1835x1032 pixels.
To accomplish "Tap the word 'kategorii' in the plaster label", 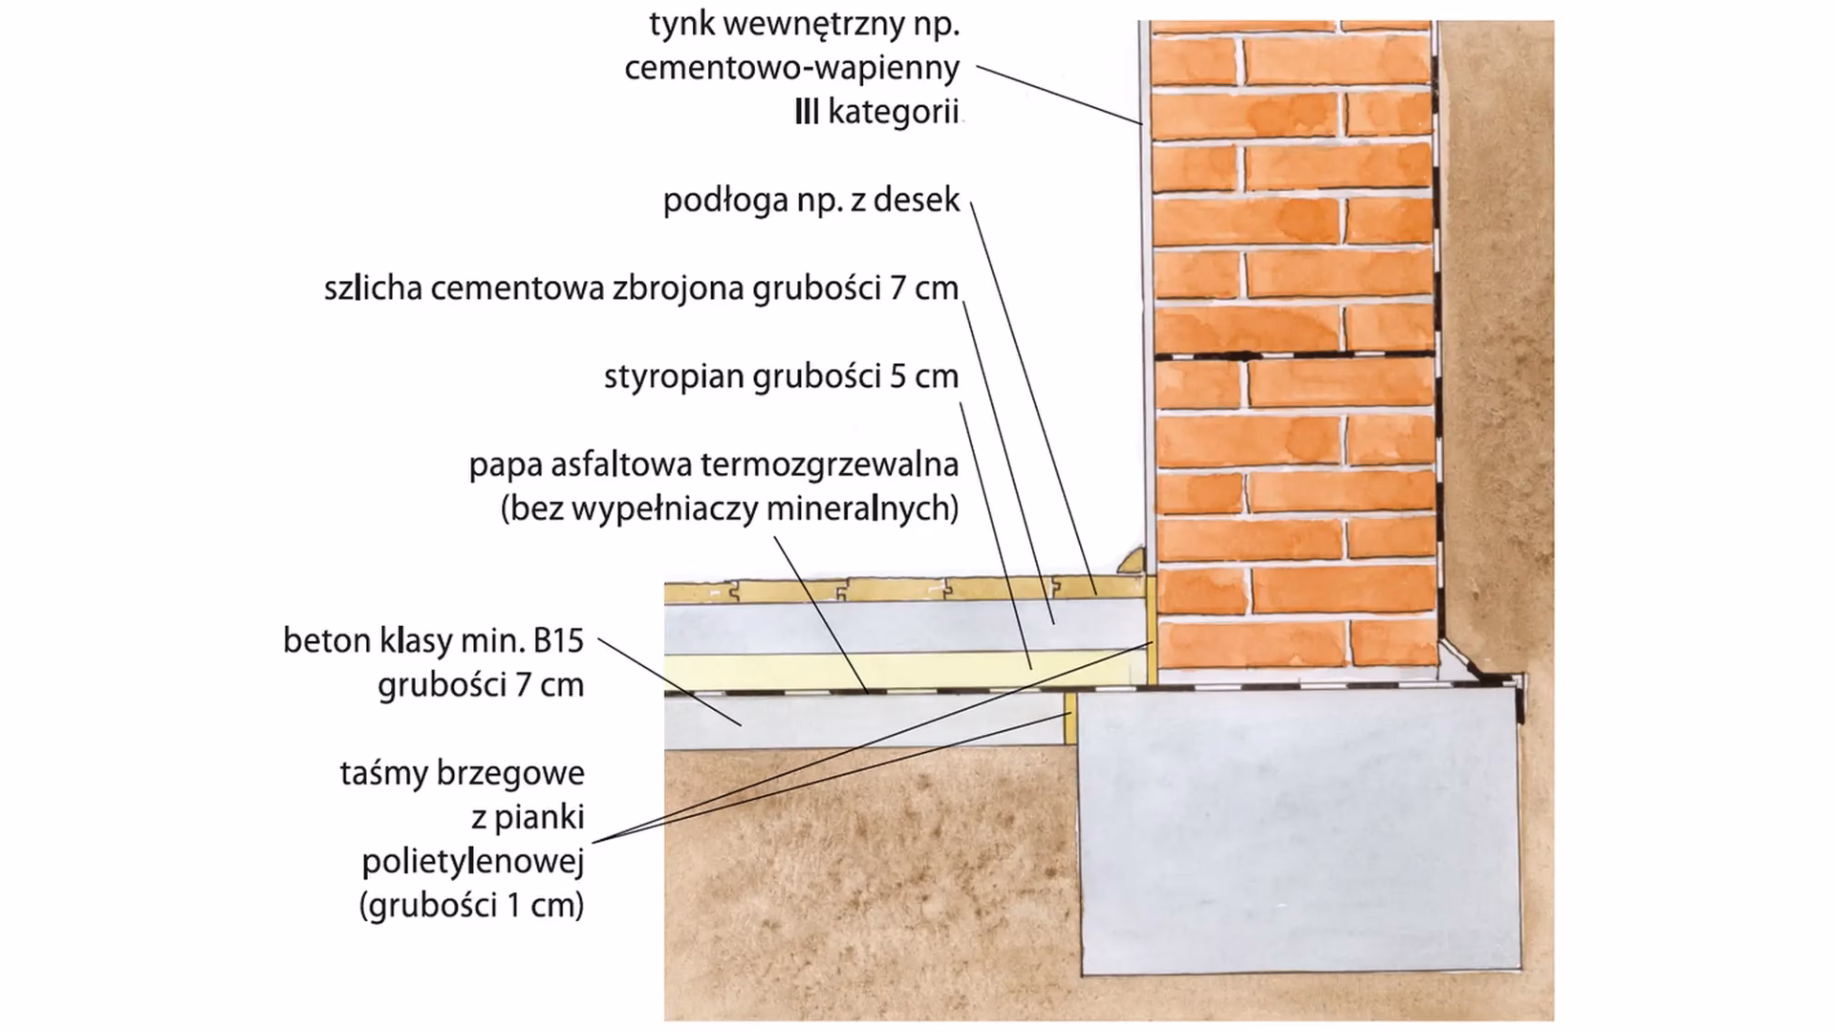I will (893, 113).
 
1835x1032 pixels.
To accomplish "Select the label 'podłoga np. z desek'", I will (810, 201).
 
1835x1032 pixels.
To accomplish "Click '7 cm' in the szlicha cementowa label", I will (923, 289).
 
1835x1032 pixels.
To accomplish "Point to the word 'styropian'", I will (675, 376).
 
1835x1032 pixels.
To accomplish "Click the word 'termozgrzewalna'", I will (830, 465).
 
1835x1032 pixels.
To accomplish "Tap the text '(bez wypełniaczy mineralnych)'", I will (729, 509).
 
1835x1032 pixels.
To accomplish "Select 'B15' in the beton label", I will (558, 641).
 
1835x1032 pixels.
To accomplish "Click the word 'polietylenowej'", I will (472, 862).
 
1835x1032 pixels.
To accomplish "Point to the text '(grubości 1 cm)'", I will (471, 906).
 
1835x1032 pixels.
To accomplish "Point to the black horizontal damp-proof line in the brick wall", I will (1295, 356).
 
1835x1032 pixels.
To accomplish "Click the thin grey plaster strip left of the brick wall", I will (1145, 287).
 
